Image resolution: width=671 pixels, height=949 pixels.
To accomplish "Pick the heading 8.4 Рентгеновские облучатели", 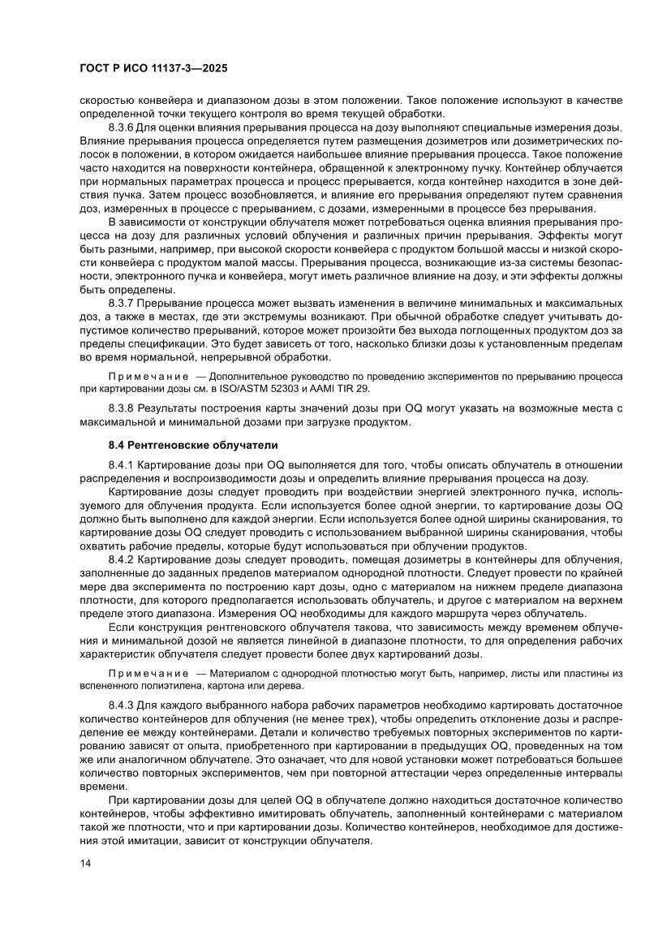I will pos(193,445).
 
